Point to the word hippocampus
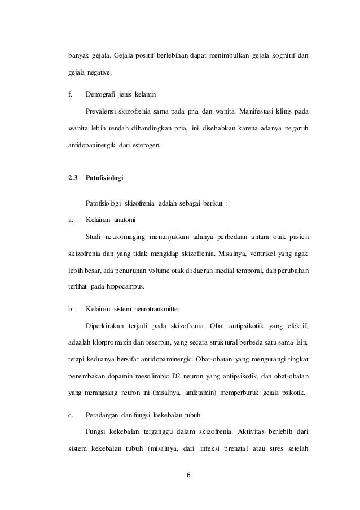coord(126,287)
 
